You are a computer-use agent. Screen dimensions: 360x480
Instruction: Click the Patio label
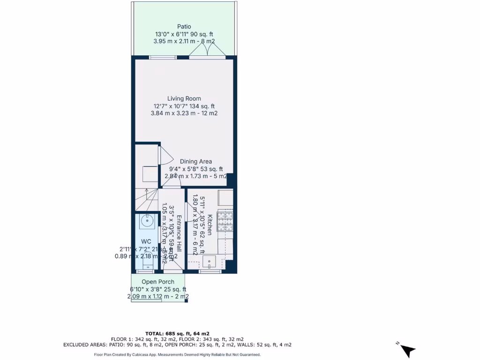pos(184,27)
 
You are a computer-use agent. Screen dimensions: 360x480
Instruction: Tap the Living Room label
pos(184,98)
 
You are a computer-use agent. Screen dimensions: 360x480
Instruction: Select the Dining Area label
pos(196,161)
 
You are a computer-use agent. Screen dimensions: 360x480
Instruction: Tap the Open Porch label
pos(158,282)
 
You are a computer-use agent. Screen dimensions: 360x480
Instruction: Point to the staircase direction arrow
pos(147,194)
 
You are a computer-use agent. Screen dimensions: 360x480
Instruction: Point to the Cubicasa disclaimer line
pos(177,355)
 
